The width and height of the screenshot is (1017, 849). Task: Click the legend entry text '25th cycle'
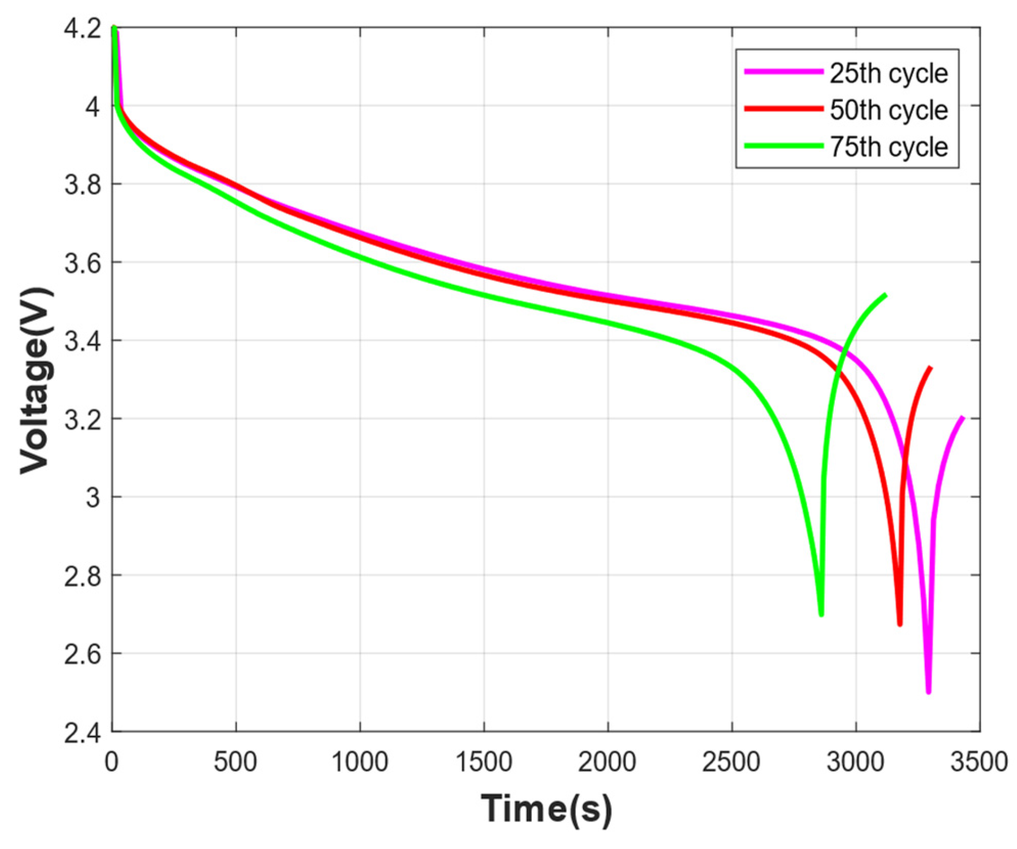click(888, 73)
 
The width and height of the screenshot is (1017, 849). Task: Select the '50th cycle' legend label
click(888, 110)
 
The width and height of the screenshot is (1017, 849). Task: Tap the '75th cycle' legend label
click(888, 147)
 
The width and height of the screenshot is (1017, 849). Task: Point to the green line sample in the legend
click(783, 146)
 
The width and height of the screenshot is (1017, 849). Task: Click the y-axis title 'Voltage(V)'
click(36, 380)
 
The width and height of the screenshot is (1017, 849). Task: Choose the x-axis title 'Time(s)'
click(546, 809)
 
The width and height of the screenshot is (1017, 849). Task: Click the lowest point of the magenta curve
click(928, 691)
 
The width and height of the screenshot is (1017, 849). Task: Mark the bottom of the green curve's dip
click(821, 614)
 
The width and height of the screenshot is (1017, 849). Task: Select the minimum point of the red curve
click(900, 624)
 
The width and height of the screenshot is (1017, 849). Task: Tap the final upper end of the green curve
click(885, 295)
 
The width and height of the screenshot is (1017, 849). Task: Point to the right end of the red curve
click(931, 368)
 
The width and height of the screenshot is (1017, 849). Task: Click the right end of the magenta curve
click(963, 417)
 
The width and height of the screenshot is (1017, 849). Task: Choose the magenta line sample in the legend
click(783, 72)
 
